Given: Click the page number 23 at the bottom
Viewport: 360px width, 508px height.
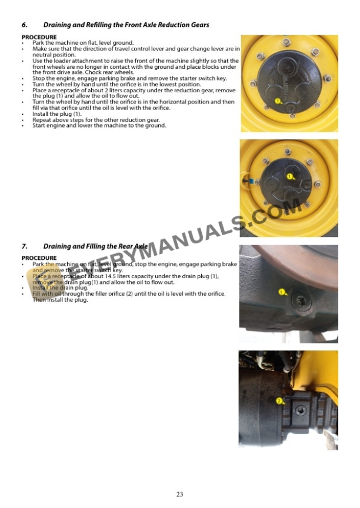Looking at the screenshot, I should (x=179, y=494).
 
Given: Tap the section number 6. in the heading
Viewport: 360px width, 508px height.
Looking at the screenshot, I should (x=24, y=25).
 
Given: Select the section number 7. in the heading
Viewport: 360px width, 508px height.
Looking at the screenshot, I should (x=24, y=246).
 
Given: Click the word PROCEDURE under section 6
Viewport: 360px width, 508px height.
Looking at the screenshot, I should (x=39, y=37).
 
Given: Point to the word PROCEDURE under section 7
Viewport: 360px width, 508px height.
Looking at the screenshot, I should (x=39, y=258).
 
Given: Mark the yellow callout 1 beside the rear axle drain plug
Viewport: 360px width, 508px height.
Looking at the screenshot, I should (x=281, y=292).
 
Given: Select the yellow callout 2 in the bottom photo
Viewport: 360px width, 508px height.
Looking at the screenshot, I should (x=279, y=400).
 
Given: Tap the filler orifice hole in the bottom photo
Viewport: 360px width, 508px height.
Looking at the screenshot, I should (x=301, y=410).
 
